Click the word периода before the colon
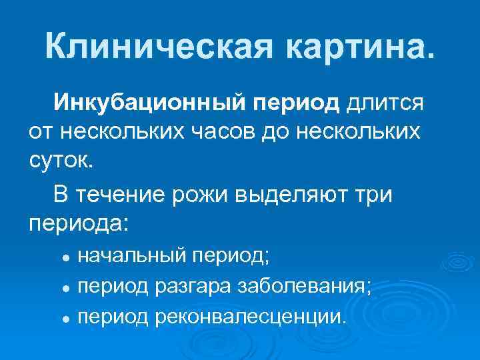(73, 223)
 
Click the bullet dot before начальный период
(67, 257)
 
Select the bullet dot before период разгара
(67, 288)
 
